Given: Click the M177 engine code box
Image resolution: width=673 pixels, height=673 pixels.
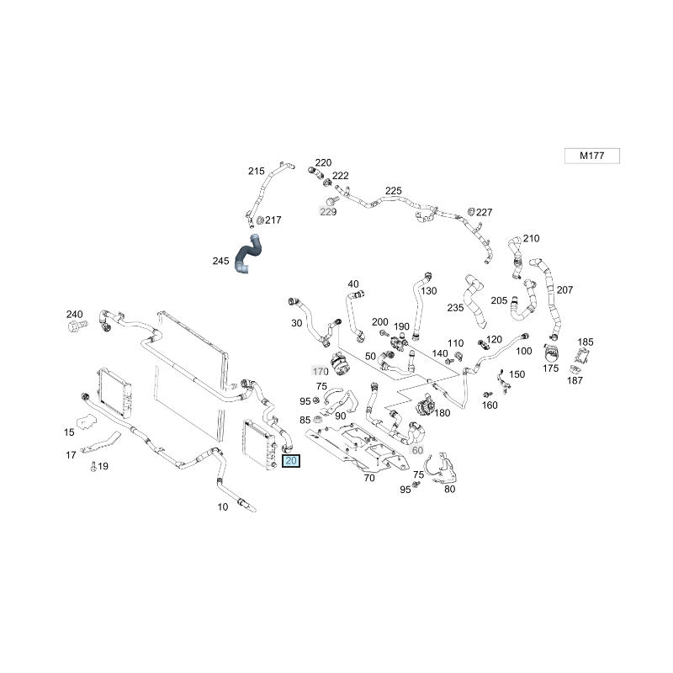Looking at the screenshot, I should click(591, 156).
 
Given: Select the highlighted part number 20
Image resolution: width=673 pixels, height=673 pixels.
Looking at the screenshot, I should click(291, 460).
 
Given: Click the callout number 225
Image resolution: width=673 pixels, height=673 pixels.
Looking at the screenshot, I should click(394, 191).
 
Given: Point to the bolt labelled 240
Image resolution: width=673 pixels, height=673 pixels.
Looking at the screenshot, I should click(76, 325).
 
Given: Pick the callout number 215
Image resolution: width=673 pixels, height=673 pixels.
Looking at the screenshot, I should click(256, 171).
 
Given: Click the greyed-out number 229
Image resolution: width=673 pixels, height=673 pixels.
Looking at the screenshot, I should click(327, 212).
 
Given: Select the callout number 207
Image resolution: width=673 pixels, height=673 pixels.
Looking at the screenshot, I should click(564, 289).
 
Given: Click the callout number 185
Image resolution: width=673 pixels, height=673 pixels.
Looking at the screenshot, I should click(586, 342).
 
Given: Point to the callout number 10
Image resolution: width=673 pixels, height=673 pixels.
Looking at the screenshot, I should click(222, 506).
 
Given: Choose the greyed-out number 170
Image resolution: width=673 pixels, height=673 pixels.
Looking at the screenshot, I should click(320, 371).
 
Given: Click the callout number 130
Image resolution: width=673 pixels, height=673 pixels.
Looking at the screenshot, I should click(429, 291).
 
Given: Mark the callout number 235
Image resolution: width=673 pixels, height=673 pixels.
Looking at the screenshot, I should click(456, 308).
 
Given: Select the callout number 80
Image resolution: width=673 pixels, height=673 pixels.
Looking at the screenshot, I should click(449, 489).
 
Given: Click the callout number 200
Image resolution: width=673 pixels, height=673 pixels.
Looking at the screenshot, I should click(380, 322).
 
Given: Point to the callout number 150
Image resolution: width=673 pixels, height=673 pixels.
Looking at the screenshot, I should click(517, 374).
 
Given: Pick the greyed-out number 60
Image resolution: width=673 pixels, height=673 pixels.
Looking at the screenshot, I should click(417, 450).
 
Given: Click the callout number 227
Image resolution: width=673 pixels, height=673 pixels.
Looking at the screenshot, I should click(485, 213).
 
